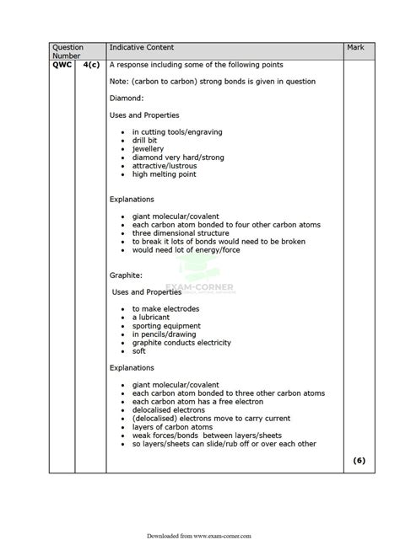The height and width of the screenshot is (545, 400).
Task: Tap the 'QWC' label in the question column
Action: (62, 65)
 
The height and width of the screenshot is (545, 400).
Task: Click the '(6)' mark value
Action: (359, 461)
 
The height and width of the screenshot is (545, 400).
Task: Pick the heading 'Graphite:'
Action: (127, 275)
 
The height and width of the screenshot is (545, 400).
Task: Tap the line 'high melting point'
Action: (164, 174)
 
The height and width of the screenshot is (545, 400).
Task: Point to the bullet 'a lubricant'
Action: (151, 317)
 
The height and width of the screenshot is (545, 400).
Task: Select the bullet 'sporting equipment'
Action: (166, 325)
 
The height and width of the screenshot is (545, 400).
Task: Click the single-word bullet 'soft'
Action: (139, 351)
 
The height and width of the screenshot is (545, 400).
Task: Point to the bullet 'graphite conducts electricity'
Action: (181, 343)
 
